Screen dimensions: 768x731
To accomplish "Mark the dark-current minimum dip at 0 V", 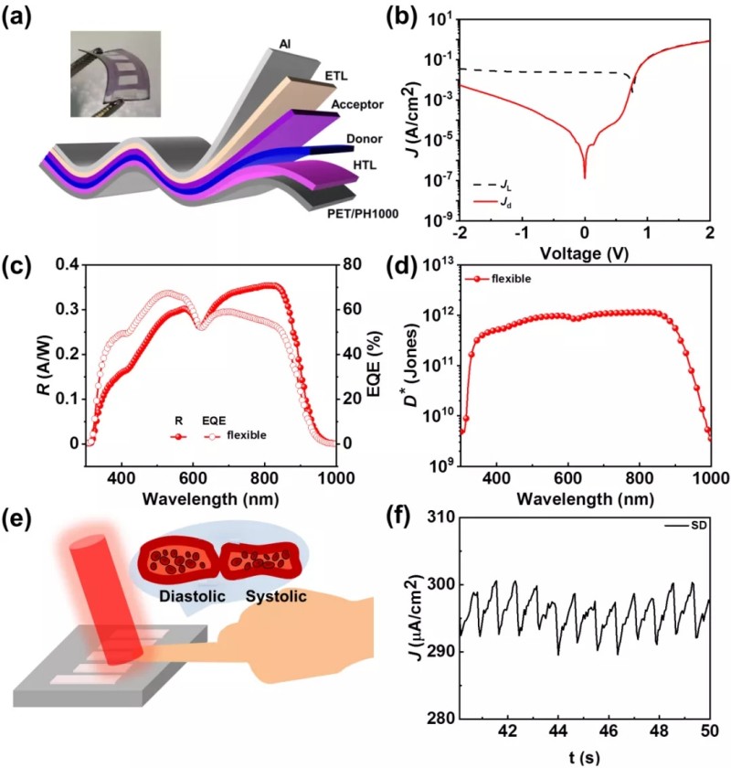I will pyautogui.click(x=585, y=176).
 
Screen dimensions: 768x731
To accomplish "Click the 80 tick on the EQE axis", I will pyautogui.click(x=328, y=265).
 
